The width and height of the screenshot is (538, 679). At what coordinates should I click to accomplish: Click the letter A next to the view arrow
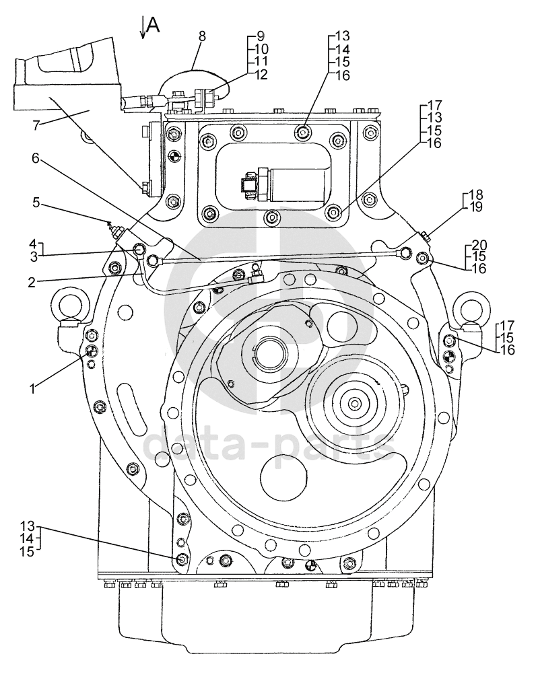point(153,25)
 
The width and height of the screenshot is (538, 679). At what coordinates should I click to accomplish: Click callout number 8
point(202,36)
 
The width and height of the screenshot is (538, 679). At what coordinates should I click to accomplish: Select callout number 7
point(36,126)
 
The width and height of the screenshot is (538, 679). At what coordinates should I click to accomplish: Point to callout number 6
point(36,159)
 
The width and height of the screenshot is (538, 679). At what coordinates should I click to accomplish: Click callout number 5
point(36,203)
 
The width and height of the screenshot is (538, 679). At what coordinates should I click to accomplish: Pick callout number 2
point(32,283)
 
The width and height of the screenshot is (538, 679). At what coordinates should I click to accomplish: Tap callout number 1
point(32,388)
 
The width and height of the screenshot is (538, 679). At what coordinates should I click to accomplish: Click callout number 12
point(261,75)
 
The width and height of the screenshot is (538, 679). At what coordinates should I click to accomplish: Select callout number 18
point(475,195)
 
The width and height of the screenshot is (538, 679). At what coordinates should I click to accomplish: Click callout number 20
point(479,245)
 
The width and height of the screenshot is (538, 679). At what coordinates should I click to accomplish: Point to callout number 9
point(261,36)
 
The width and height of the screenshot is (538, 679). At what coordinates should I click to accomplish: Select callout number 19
point(475,207)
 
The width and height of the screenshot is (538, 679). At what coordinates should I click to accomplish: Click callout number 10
point(261,49)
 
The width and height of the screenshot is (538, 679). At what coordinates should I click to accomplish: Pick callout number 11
point(261,61)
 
